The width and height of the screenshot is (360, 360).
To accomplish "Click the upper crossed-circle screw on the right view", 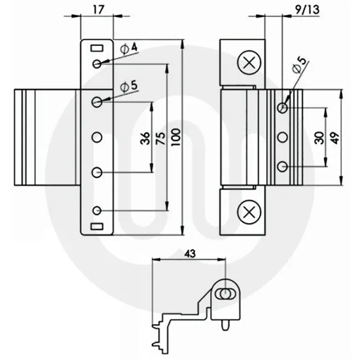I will [247, 63].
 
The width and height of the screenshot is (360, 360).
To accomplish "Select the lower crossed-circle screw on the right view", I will [247, 211].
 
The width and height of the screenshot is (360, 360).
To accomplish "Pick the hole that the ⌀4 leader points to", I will [97, 63].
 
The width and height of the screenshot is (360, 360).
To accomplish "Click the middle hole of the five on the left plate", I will [97, 137].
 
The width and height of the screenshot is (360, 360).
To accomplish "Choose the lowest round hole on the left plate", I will [97, 210].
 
